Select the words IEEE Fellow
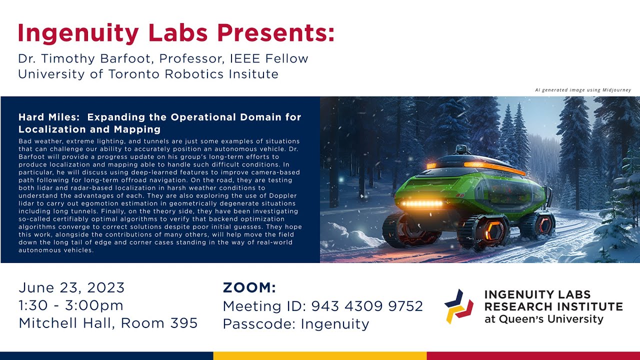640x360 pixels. (269, 58)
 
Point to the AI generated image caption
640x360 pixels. (583, 90)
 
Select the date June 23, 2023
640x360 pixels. (71, 288)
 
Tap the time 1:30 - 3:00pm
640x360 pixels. (71, 305)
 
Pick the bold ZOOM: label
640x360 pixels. (249, 288)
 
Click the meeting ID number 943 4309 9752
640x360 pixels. (367, 306)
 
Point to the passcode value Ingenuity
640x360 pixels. (335, 324)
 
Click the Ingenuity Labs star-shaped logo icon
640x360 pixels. (458, 306)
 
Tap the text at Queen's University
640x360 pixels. (544, 319)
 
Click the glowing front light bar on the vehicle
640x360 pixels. (422, 204)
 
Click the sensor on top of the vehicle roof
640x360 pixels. (460, 149)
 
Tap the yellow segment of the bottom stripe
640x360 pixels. (320, 355)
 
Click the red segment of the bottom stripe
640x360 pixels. (533, 355)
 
